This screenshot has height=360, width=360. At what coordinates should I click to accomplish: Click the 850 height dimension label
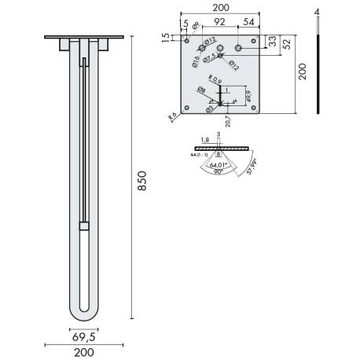point(141,184)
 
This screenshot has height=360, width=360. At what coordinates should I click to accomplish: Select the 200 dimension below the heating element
point(85,352)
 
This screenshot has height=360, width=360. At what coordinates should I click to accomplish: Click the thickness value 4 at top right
point(316,13)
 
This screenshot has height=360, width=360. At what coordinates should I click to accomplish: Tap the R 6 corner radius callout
point(172,116)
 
